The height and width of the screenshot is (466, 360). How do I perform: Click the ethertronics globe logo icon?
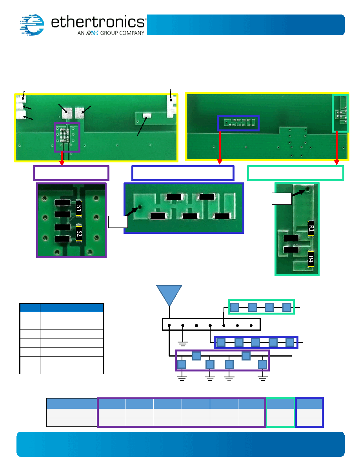pyautogui.click(x=32, y=25)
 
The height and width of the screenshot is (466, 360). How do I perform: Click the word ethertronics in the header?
pyautogui.click(x=98, y=22)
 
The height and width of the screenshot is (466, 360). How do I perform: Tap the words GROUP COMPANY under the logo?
pyautogui.click(x=122, y=33)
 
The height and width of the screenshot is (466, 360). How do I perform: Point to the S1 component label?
pyautogui.click(x=79, y=208)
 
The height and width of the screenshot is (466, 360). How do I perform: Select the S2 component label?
pyautogui.click(x=79, y=234)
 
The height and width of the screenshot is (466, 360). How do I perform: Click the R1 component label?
pyautogui.click(x=311, y=229)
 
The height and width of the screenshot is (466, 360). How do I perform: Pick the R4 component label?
pyautogui.click(x=311, y=259)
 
